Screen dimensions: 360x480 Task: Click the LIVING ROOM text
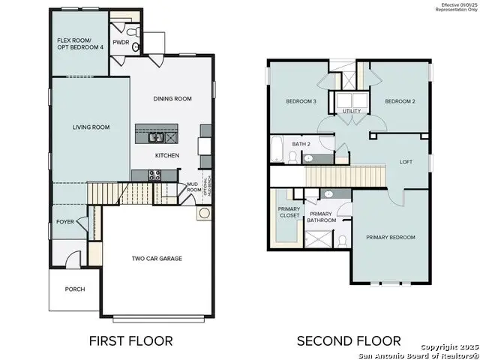pyautogui.click(x=91, y=127)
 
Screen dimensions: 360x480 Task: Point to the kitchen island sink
pyautogui.click(x=157, y=136)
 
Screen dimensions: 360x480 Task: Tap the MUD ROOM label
pyautogui.click(x=192, y=186)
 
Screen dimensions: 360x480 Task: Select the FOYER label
pyautogui.click(x=65, y=222)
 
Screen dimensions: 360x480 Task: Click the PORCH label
pyautogui.click(x=75, y=289)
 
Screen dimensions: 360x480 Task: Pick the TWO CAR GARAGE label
pyautogui.click(x=157, y=259)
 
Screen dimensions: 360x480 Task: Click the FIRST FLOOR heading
pyautogui.click(x=130, y=340)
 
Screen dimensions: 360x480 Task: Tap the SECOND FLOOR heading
pyautogui.click(x=348, y=340)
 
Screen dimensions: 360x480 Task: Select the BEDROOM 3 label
pyautogui.click(x=301, y=100)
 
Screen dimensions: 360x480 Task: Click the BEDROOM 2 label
pyautogui.click(x=400, y=100)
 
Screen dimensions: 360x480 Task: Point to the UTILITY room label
pyautogui.click(x=351, y=111)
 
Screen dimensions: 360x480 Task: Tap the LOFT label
pyautogui.click(x=406, y=161)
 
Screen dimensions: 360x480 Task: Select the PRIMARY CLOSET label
pyautogui.click(x=289, y=212)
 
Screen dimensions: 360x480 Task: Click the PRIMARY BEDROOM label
pyautogui.click(x=390, y=237)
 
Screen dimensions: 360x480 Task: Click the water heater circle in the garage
pyautogui.click(x=203, y=214)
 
